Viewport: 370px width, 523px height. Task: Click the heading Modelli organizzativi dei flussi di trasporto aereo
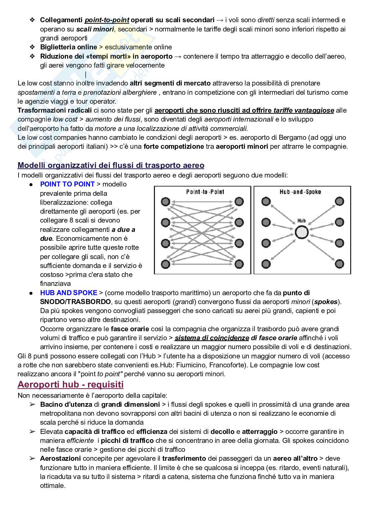111,165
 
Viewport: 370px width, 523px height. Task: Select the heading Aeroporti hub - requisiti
70,385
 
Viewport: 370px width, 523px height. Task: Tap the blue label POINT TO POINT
67,184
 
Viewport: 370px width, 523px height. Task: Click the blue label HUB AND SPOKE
69,293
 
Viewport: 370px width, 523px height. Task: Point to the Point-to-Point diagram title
205,192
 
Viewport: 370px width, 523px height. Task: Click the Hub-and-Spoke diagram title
300,192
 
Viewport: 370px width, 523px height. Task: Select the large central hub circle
301,232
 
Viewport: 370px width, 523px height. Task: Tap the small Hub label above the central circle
301,220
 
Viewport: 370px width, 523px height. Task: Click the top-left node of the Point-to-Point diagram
165,202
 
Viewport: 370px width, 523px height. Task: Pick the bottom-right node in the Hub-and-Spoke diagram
339,264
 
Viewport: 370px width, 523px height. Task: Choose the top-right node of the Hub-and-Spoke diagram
339,201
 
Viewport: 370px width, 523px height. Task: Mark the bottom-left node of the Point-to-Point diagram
165,264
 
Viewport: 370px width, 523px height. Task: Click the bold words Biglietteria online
69,47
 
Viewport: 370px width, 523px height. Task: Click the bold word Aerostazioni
61,458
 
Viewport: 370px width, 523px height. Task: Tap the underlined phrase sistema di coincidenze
212,338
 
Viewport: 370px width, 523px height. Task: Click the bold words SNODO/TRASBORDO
75,302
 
